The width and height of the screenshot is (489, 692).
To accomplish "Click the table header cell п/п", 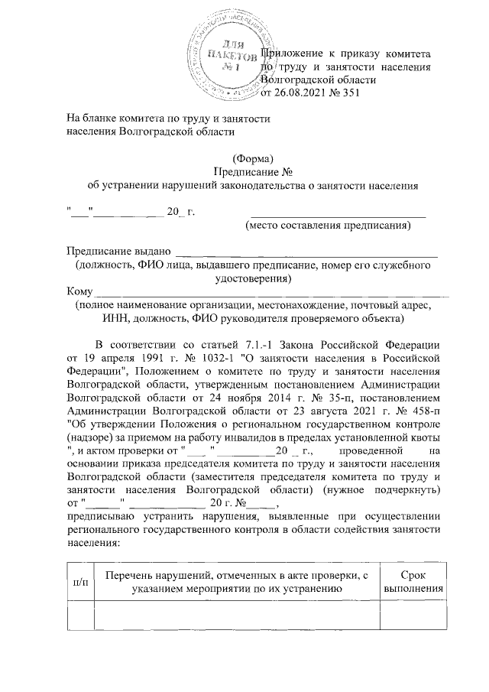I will tap(79, 583).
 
